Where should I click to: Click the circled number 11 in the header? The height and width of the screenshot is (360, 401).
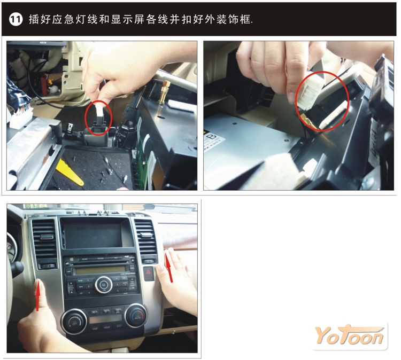click(16, 19)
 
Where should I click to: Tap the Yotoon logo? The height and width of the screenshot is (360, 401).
click(349, 335)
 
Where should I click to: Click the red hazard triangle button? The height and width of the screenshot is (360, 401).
click(148, 273)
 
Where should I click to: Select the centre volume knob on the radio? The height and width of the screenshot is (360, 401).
click(103, 284)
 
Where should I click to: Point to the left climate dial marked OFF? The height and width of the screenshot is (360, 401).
click(74, 322)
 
